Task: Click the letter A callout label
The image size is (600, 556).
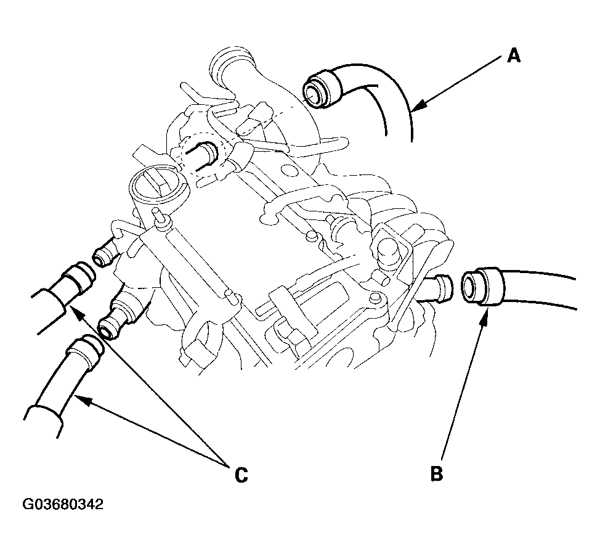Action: [514, 57]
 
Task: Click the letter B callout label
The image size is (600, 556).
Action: [436, 473]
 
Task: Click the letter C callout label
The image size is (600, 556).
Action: [241, 475]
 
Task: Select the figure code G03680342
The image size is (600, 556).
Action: [63, 504]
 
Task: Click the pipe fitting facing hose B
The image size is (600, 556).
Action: [439, 287]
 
